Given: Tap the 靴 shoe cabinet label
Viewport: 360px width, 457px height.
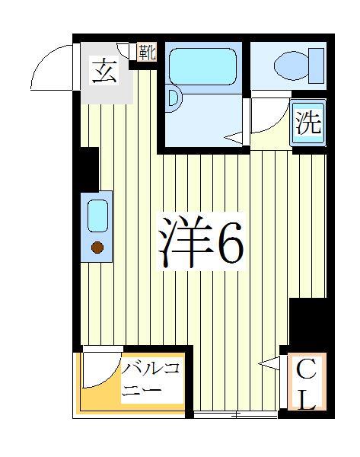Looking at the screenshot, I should [146, 53].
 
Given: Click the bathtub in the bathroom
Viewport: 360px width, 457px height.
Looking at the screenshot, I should [202, 66].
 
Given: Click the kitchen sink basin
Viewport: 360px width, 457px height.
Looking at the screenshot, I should [97, 216].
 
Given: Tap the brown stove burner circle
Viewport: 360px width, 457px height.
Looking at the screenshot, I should [97, 247].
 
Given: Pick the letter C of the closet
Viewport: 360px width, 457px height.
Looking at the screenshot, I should [305, 371].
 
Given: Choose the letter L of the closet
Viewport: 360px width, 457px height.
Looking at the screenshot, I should [306, 400].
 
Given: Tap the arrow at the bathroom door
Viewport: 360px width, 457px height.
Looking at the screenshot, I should [232, 138].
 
